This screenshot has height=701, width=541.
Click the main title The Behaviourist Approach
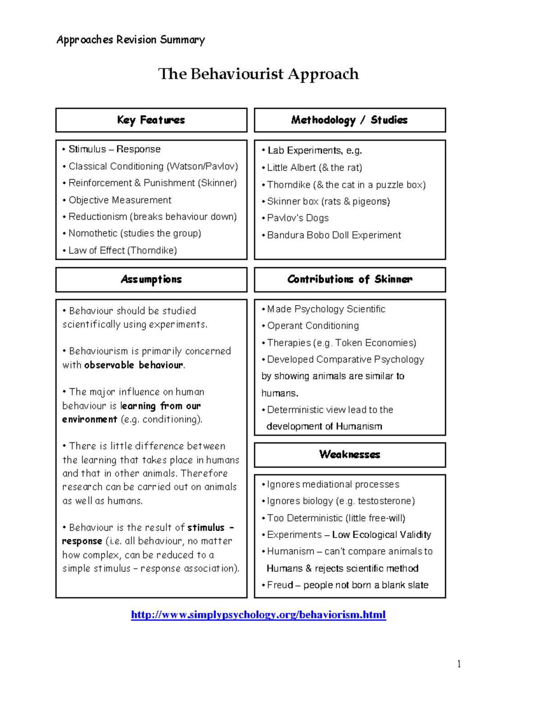(x=258, y=74)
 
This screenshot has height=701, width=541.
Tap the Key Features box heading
(x=151, y=120)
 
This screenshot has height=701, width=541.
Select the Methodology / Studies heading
(x=349, y=120)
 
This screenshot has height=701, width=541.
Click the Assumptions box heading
(x=151, y=279)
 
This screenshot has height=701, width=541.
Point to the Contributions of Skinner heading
(x=349, y=279)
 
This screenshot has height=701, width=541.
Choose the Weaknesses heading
(x=349, y=455)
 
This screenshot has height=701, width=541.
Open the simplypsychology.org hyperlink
(x=258, y=615)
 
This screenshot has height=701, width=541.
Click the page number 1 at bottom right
(x=459, y=664)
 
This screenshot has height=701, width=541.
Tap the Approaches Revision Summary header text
(x=131, y=40)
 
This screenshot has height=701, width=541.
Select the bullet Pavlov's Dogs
(x=298, y=218)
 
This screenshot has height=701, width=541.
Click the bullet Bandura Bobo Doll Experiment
(x=334, y=235)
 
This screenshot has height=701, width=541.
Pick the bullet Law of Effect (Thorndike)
(x=122, y=251)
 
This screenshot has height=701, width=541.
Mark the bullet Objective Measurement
(x=119, y=200)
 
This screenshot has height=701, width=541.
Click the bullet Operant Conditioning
(x=313, y=326)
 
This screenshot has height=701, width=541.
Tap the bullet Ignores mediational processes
(x=333, y=484)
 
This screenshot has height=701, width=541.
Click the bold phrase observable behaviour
(x=134, y=365)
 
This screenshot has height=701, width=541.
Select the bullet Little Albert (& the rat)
(x=314, y=168)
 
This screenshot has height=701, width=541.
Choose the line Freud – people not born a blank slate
(x=347, y=585)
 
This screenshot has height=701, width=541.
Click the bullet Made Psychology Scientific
(x=326, y=309)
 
